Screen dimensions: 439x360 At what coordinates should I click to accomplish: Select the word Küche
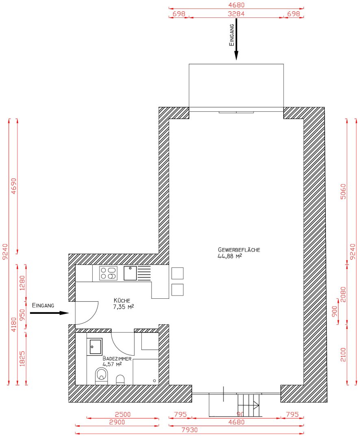[122, 300]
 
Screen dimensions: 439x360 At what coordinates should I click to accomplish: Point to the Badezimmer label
[117, 359]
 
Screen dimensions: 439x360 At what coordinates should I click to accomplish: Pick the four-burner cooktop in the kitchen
[108, 273]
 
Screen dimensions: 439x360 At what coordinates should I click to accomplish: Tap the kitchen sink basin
[130, 273]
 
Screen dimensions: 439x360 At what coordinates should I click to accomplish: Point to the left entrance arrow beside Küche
[49, 313]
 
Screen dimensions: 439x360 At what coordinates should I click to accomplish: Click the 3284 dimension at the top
[236, 14]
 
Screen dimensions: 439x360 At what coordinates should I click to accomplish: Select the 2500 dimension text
[122, 415]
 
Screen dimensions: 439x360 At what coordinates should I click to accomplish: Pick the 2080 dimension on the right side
[344, 293]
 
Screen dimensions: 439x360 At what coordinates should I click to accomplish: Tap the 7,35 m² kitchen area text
[124, 307]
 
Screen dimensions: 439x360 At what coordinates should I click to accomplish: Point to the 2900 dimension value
[117, 422]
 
